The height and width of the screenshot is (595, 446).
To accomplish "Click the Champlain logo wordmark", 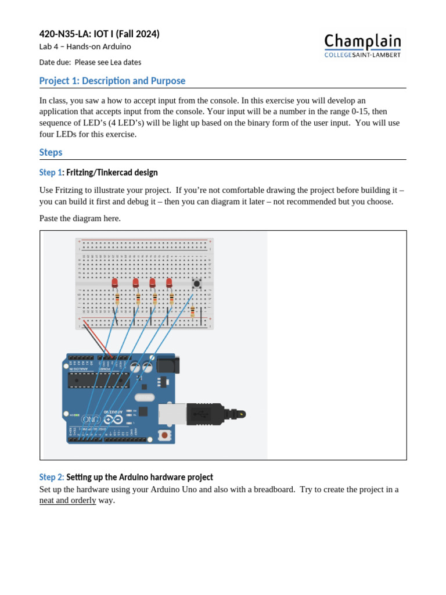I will (362, 42).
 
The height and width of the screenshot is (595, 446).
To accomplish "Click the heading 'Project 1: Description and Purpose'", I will (112, 81).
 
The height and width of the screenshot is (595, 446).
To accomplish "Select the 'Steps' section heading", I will (51, 152).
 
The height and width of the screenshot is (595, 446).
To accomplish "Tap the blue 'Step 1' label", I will (50, 173).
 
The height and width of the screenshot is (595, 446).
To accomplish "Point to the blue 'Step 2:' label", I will (52, 477).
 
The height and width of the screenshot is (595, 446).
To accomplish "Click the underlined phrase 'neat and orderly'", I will (67, 500).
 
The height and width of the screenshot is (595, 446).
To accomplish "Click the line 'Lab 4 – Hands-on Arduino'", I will (85, 47).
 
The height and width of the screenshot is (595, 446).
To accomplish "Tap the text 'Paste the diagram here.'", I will (80, 218).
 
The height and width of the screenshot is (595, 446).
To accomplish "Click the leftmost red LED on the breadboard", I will (115, 283).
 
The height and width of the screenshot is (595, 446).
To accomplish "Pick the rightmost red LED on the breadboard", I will (169, 283).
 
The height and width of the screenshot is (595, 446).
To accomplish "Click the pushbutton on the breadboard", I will (197, 284).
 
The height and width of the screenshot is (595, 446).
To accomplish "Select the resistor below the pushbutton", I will (192, 312).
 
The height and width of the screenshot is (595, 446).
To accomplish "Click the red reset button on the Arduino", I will (165, 435).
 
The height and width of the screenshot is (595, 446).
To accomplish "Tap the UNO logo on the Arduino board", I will (91, 419).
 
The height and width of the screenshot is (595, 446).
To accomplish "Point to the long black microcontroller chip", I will (98, 380).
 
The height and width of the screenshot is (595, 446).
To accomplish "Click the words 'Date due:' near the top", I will (55, 62).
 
